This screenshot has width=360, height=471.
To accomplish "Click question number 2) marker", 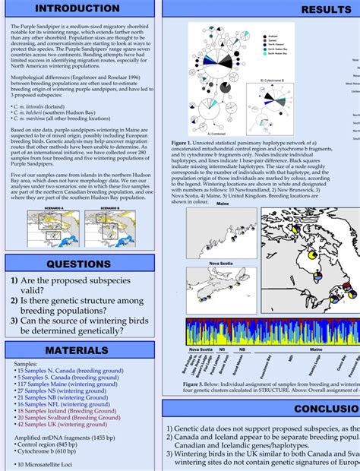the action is point(14,300).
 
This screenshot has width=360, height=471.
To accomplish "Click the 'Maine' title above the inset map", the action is point(223,204).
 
